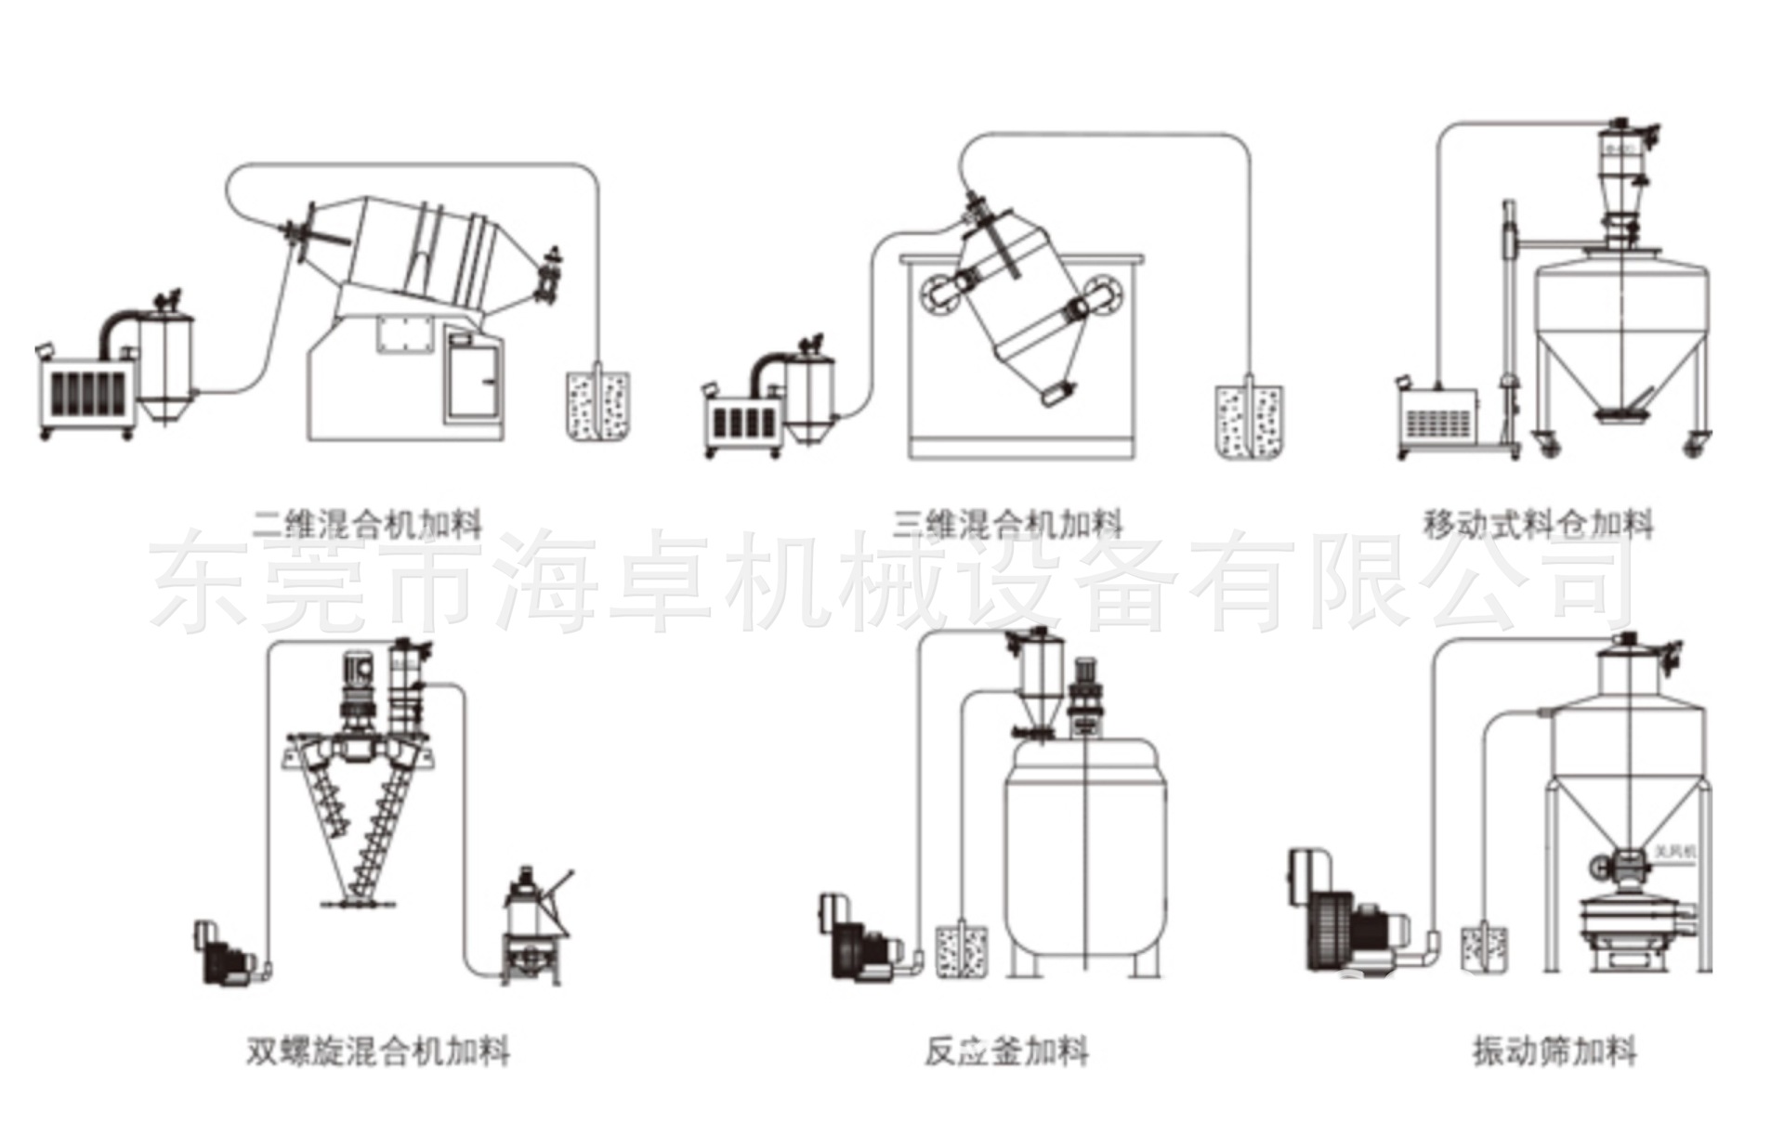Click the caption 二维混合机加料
(x=368, y=525)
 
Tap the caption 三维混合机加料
(x=1007, y=525)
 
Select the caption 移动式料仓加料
(x=1538, y=525)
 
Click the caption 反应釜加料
(x=1006, y=1051)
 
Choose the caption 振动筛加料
(x=1554, y=1051)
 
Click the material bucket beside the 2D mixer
(x=597, y=406)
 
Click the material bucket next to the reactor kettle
(x=961, y=949)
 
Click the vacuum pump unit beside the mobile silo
(x=1440, y=418)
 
